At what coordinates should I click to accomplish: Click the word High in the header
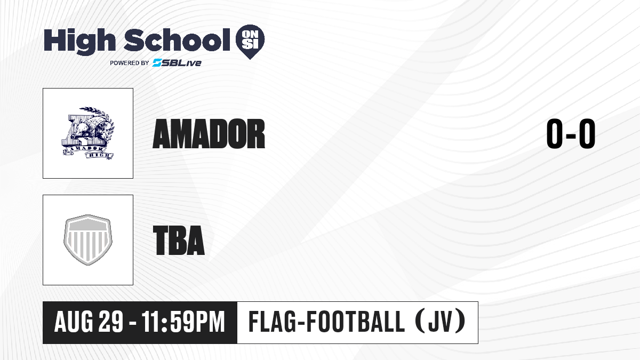pyautogui.click(x=79, y=41)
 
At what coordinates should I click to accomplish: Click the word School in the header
pyautogui.click(x=177, y=40)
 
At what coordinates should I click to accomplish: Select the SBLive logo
pyautogui.click(x=177, y=63)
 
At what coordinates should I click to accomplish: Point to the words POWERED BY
pyautogui.click(x=130, y=63)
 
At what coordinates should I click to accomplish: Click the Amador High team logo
pyautogui.click(x=88, y=133)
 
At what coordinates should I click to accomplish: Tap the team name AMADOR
pyautogui.click(x=209, y=134)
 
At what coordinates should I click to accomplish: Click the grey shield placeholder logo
pyautogui.click(x=88, y=240)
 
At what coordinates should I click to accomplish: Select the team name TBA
pyautogui.click(x=179, y=240)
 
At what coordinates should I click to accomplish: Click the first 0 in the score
pyautogui.click(x=555, y=133)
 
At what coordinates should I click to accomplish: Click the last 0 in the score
pyautogui.click(x=587, y=133)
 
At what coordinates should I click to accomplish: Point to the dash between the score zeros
pyautogui.click(x=571, y=135)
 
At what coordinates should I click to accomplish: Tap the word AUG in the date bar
pyautogui.click(x=74, y=322)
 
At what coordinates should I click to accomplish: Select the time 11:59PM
pyautogui.click(x=183, y=322)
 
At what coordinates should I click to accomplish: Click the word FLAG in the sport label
pyautogui.click(x=272, y=322)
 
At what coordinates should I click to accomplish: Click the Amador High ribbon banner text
pyautogui.click(x=88, y=151)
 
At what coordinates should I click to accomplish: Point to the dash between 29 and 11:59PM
pyautogui.click(x=133, y=323)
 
